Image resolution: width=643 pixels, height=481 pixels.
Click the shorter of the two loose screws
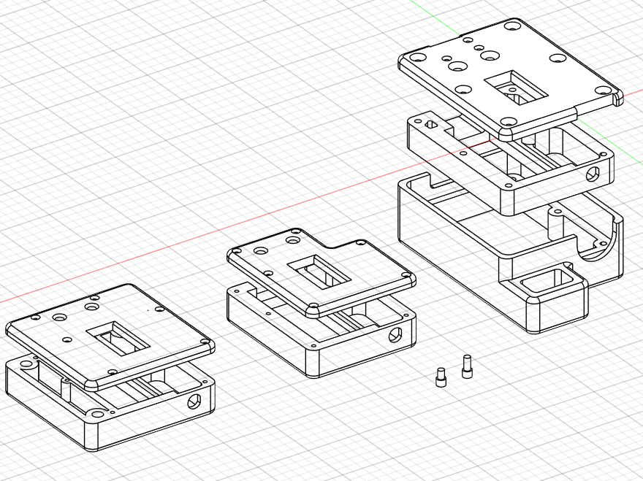[441, 378]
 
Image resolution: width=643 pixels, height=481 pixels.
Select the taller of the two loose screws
[467, 366]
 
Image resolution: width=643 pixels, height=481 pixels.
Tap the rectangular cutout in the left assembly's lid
[118, 340]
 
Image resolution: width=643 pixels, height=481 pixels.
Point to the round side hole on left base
[195, 401]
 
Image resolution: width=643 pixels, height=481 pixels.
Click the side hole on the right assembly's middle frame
[593, 174]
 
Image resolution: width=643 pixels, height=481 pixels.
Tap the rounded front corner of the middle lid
[311, 312]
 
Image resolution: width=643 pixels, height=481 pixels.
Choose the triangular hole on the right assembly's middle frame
[430, 124]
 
